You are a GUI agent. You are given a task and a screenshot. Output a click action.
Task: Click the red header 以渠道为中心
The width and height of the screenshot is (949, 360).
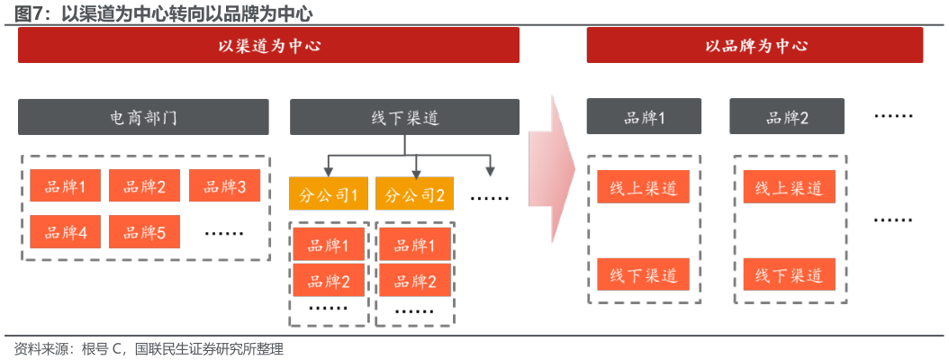click(x=268, y=45)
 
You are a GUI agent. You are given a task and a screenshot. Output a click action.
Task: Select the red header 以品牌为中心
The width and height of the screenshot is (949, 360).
click(x=755, y=45)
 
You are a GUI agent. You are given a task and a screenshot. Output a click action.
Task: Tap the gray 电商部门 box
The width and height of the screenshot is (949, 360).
click(x=143, y=117)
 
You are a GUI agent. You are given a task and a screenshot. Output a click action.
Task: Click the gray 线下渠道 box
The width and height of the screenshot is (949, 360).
click(x=404, y=117)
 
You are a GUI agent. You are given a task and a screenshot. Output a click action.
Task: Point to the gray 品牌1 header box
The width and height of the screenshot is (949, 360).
click(x=644, y=117)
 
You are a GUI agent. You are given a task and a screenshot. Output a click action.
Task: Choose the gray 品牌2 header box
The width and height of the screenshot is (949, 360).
click(x=787, y=117)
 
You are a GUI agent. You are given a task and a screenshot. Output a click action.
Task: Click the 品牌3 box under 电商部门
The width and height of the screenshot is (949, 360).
click(x=224, y=186)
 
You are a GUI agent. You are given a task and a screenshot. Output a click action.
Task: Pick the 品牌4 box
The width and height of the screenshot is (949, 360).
click(x=65, y=232)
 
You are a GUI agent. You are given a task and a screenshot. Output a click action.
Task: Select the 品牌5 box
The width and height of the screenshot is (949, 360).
click(x=144, y=232)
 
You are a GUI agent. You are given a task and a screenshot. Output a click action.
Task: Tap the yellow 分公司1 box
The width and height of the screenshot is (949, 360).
click(x=329, y=193)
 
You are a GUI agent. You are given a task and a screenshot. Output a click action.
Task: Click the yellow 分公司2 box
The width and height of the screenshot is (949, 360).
click(x=415, y=193)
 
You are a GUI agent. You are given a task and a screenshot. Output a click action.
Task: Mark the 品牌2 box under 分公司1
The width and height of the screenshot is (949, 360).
click(x=329, y=280)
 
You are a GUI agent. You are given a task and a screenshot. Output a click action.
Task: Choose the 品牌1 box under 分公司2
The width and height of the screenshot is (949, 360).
click(x=415, y=244)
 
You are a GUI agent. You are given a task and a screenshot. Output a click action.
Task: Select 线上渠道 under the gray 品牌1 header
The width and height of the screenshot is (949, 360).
click(x=643, y=187)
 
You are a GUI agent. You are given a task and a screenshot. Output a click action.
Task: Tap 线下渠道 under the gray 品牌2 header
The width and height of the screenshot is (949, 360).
click(x=789, y=274)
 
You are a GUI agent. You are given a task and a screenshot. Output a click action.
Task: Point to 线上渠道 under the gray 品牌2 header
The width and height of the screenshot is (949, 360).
click(x=789, y=187)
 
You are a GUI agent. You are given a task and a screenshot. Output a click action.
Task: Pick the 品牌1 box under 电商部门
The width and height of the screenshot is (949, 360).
click(x=65, y=186)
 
